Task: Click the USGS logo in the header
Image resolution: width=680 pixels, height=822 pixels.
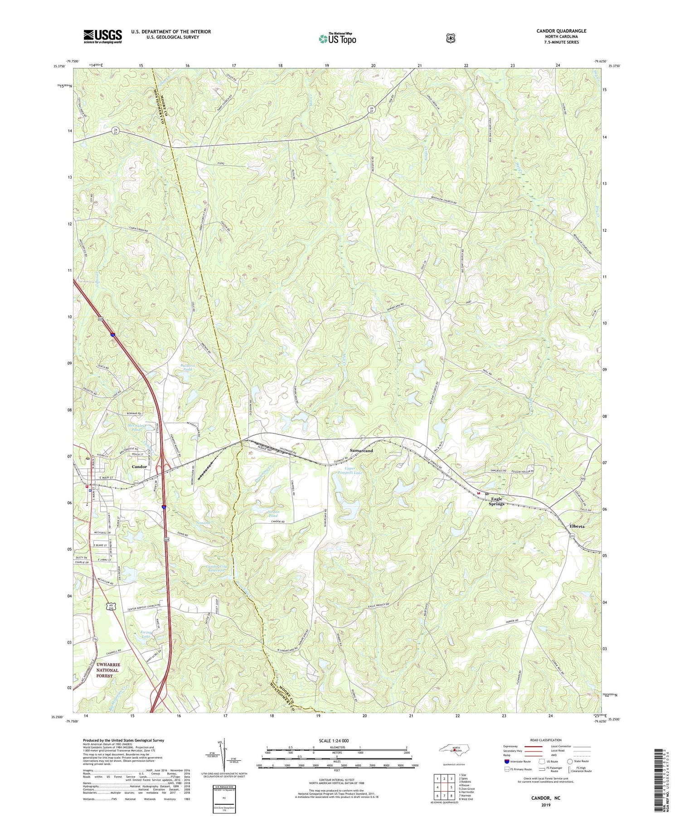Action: click(x=102, y=36)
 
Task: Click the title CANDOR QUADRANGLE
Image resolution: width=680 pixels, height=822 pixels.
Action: click(x=561, y=31)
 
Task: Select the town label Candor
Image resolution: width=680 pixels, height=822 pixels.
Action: click(x=139, y=467)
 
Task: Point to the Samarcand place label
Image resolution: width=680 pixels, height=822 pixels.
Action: click(x=361, y=451)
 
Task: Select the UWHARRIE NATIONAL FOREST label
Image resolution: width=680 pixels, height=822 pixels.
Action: click(x=107, y=670)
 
